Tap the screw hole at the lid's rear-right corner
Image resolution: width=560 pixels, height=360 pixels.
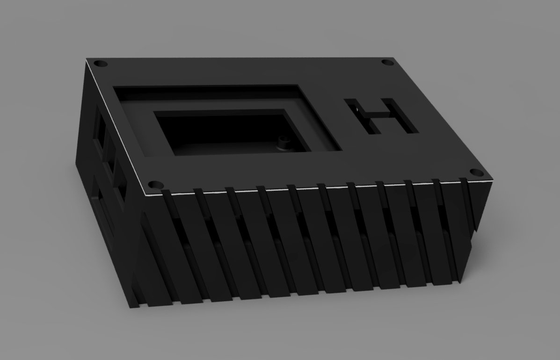coord(386,62)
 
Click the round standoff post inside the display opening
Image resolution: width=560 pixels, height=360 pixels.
coord(283,142)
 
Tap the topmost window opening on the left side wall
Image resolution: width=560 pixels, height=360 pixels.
coord(100,124)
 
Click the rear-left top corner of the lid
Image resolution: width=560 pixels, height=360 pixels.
coord(87,59)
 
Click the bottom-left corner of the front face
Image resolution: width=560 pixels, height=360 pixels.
coord(130,308)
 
